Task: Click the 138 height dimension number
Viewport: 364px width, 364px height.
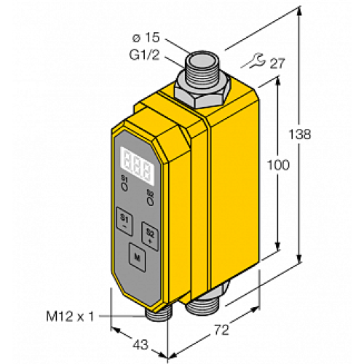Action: [300, 134]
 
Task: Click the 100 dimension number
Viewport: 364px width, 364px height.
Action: [278, 165]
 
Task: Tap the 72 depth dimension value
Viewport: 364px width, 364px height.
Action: [221, 330]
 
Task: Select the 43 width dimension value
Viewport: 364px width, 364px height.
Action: [141, 344]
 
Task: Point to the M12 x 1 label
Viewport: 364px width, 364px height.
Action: [70, 317]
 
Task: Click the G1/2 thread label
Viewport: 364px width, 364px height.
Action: [144, 55]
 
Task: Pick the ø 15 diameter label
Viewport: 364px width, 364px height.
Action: [146, 38]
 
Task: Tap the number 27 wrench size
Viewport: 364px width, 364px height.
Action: [277, 63]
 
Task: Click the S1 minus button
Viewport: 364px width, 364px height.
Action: [124, 221]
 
